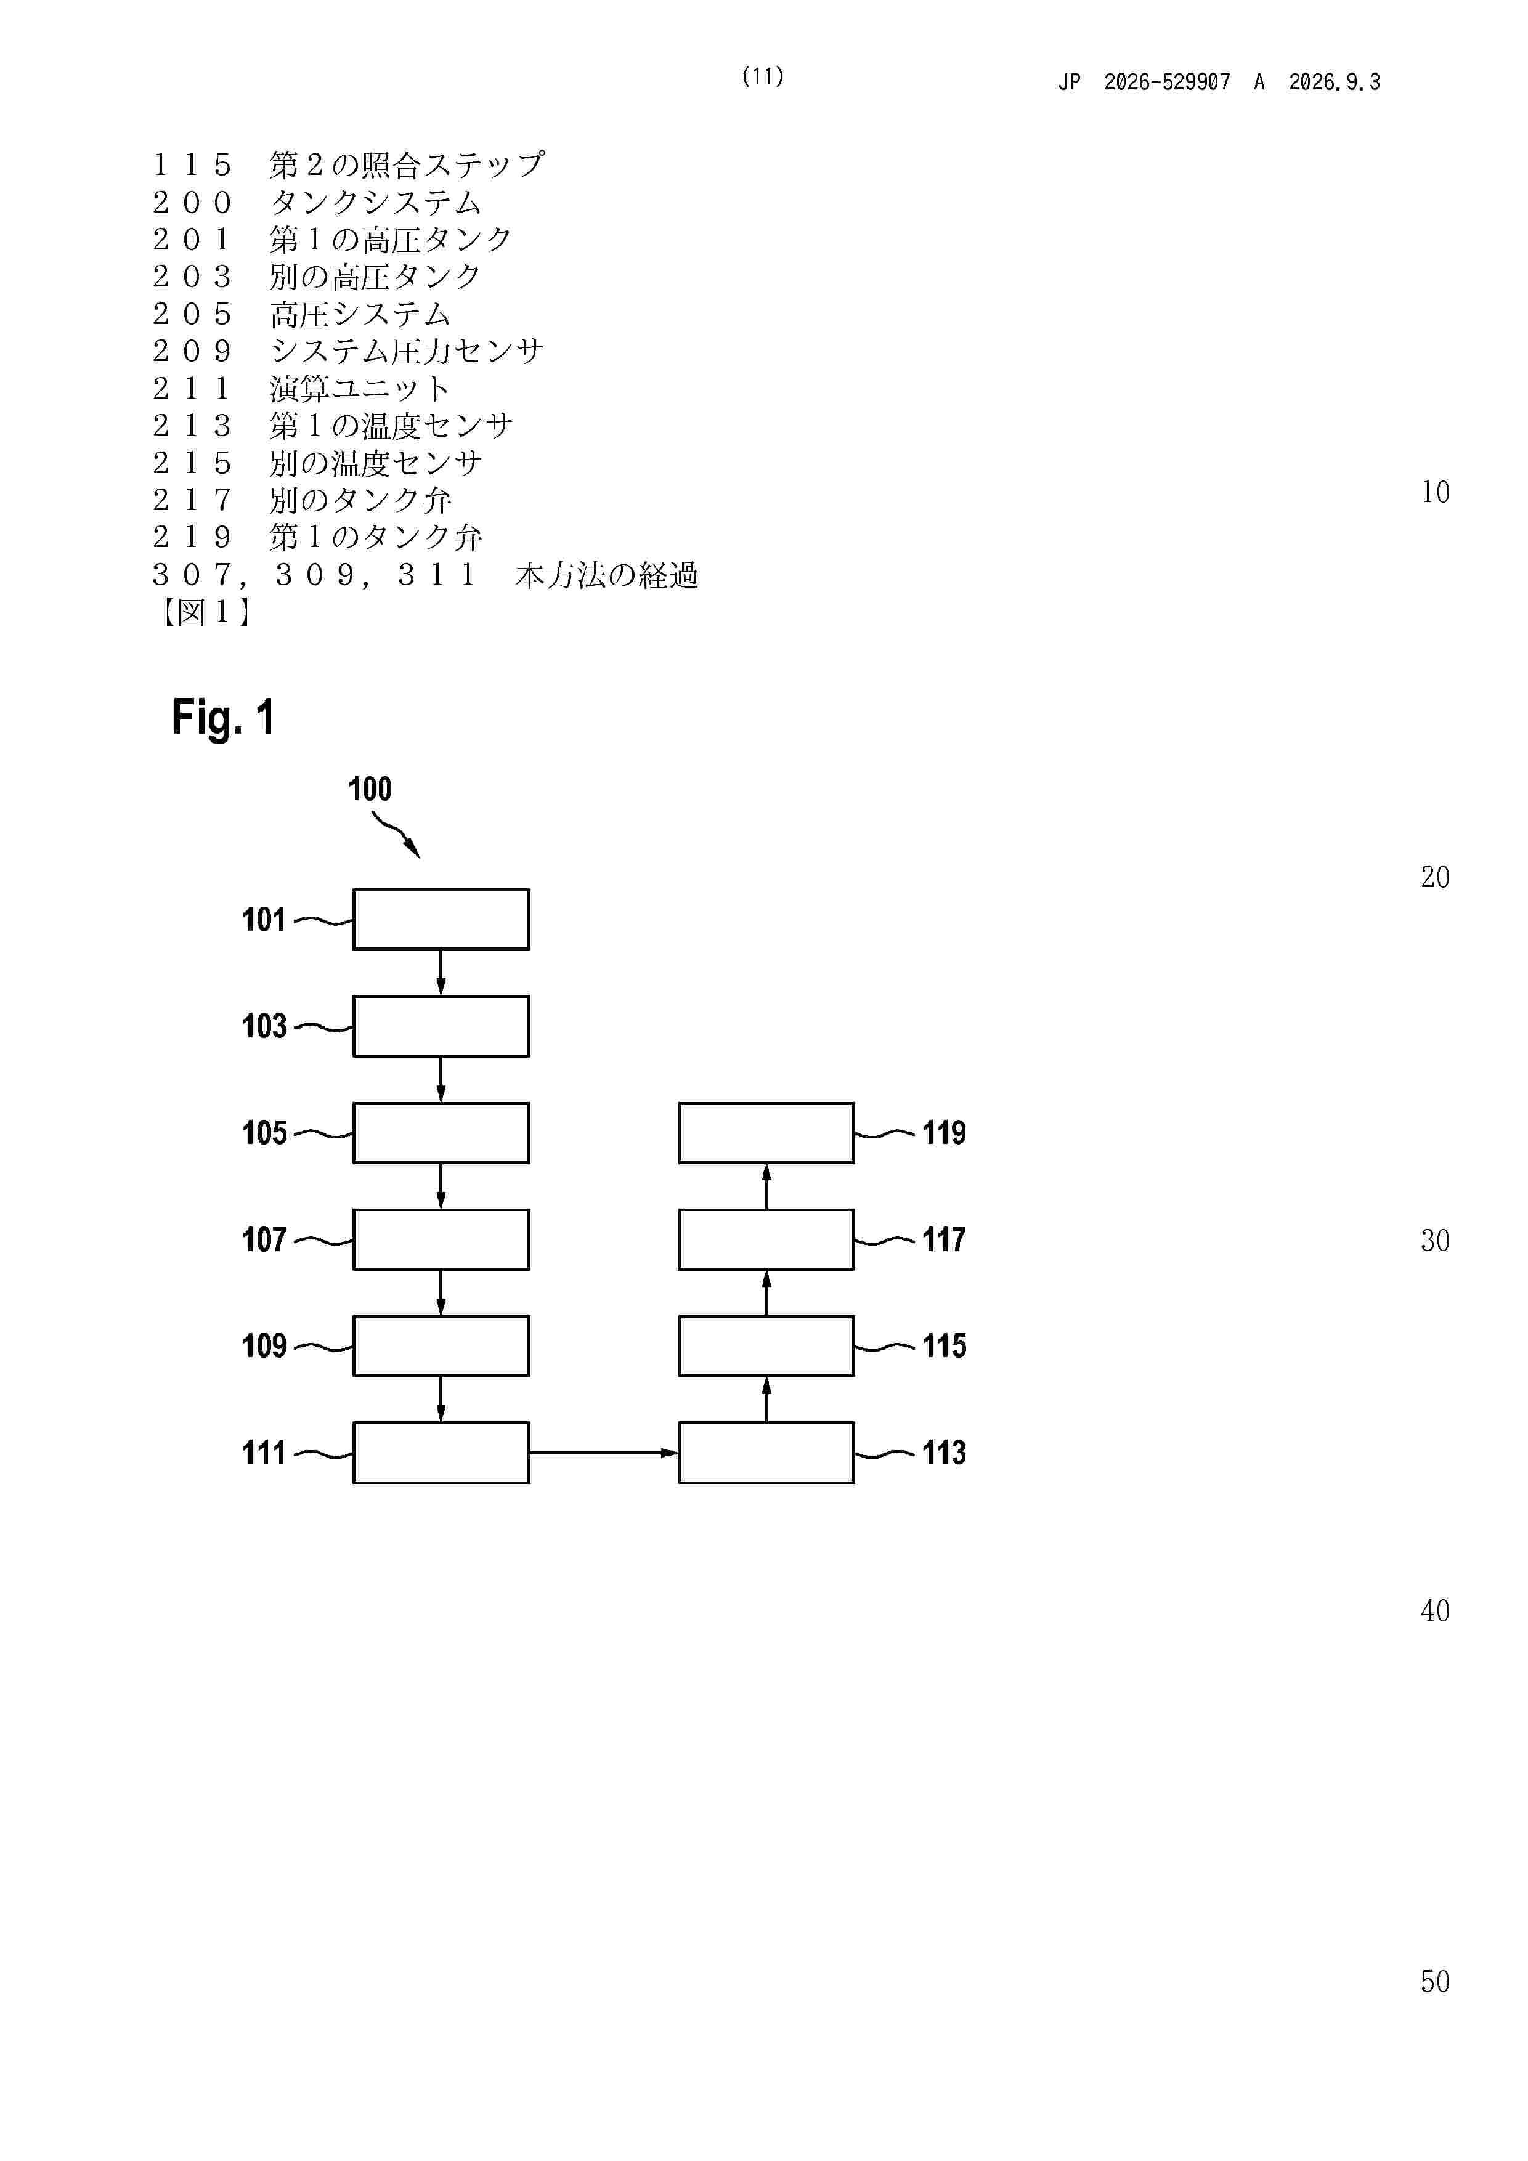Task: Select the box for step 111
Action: click(x=441, y=1453)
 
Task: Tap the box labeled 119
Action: click(x=766, y=1132)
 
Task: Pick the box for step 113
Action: click(x=766, y=1453)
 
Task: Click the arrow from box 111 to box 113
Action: click(x=603, y=1453)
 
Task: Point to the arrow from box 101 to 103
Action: click(x=441, y=972)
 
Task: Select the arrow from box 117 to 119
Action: click(x=766, y=1186)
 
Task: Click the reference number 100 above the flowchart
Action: click(x=370, y=789)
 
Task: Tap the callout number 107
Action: click(x=264, y=1239)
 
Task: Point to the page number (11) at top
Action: click(x=763, y=76)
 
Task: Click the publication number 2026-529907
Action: click(x=1168, y=82)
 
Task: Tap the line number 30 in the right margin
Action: click(x=1435, y=1241)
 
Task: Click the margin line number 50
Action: click(x=1435, y=1981)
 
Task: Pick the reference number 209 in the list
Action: click(x=192, y=351)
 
